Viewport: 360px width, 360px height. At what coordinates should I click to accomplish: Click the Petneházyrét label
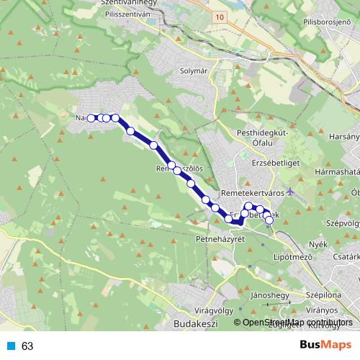(221, 238)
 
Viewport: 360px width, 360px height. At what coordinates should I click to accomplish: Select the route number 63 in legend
(27, 346)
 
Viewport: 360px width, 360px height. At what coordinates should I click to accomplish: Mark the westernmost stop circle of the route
(91, 117)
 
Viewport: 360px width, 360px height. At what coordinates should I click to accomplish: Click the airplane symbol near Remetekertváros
(289, 192)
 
